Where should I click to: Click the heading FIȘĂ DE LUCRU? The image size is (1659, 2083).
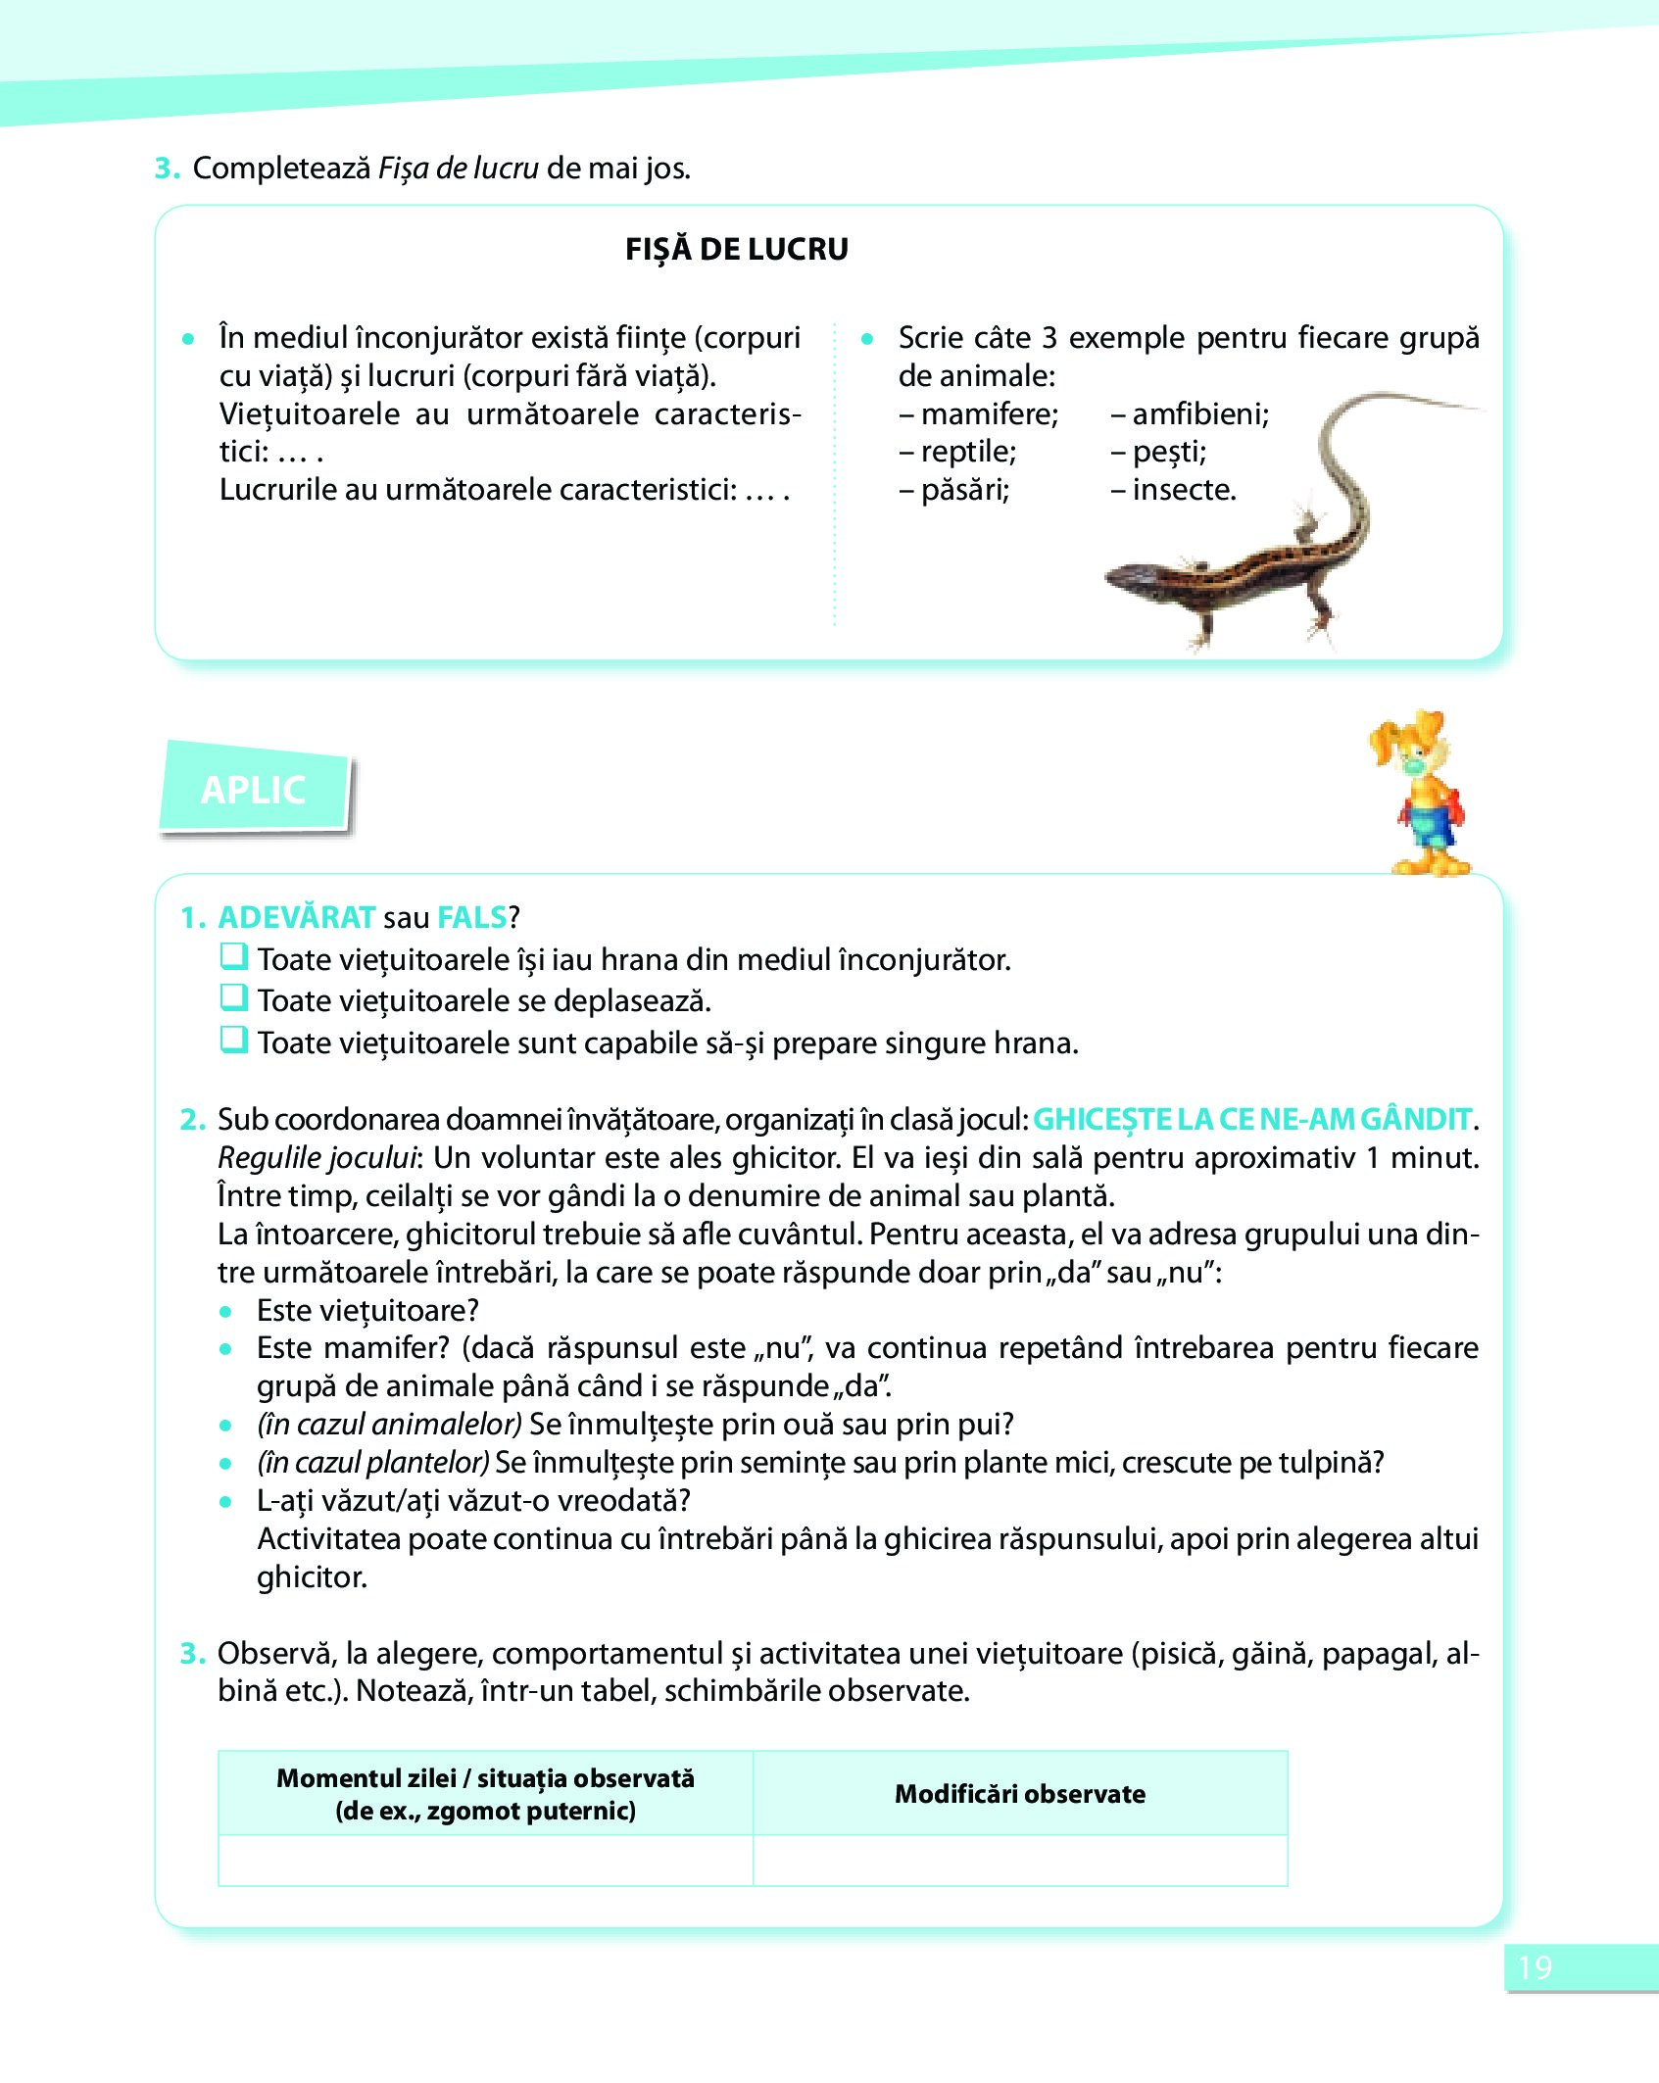coord(737,249)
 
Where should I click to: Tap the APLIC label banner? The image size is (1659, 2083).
coord(254,790)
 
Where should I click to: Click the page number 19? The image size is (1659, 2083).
coord(1536,1967)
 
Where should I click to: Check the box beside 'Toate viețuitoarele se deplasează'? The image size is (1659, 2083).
coord(233,997)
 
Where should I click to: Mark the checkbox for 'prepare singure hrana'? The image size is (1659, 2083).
coord(233,1040)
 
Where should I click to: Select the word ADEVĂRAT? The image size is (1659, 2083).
coord(296,917)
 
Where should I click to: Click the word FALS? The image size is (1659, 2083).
coord(471,917)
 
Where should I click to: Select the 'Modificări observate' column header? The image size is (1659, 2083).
coord(1020,1794)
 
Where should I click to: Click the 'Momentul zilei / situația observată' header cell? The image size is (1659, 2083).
coord(485,1794)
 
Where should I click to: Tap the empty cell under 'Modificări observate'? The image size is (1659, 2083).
coord(1020,1861)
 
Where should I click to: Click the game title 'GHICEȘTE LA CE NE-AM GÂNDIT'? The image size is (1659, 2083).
coord(1252,1119)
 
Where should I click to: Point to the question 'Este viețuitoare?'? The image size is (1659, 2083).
coord(367,1310)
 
